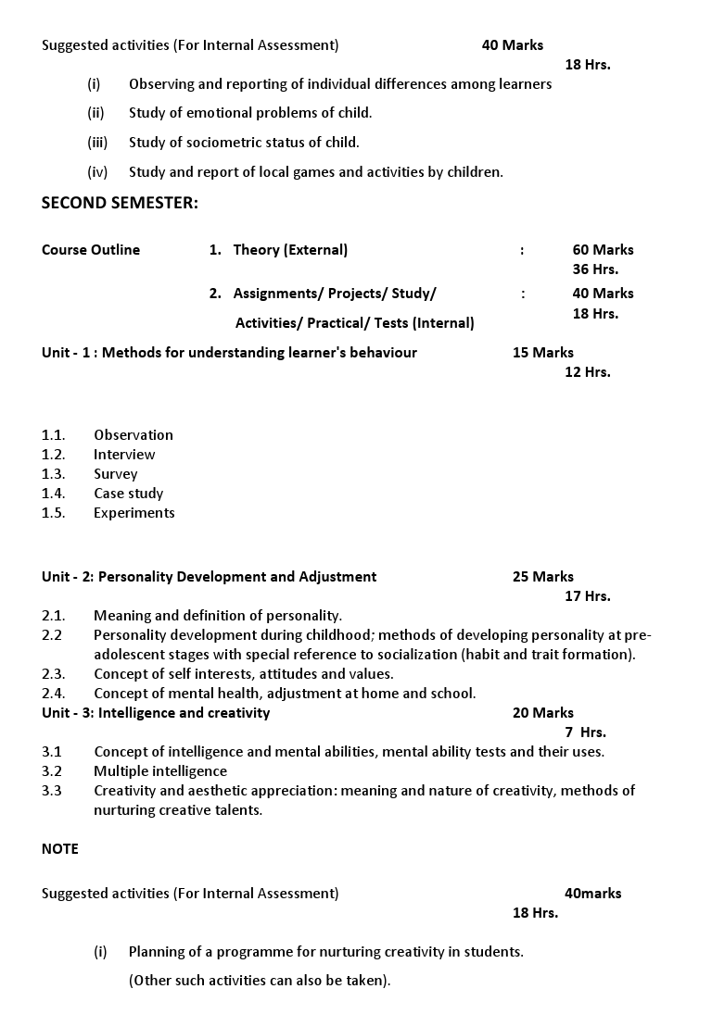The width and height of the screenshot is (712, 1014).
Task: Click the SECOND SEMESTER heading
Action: [120, 204]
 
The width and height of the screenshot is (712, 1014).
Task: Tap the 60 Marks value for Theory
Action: [603, 250]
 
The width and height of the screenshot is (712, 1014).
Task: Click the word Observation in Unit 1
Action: [133, 435]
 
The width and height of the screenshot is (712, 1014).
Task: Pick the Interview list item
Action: [124, 455]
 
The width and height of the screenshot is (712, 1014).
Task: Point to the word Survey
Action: [115, 474]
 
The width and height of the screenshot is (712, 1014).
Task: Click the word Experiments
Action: [133, 513]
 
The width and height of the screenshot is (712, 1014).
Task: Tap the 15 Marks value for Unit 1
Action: [542, 353]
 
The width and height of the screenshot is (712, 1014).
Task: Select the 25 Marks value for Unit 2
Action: [542, 577]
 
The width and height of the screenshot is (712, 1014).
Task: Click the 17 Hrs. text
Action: [587, 596]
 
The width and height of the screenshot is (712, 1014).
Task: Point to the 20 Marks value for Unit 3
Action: [542, 713]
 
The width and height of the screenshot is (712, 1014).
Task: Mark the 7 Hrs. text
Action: [585, 732]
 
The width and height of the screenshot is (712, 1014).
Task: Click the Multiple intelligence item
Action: [159, 771]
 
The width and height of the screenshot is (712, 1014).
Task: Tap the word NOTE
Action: [60, 849]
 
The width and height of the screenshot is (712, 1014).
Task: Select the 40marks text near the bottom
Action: [592, 894]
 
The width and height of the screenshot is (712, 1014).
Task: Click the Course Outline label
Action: [91, 250]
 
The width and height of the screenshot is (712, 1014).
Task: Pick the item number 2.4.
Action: [54, 694]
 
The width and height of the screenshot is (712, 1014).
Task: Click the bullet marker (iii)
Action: [97, 143]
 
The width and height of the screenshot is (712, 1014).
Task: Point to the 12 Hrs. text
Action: [587, 372]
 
